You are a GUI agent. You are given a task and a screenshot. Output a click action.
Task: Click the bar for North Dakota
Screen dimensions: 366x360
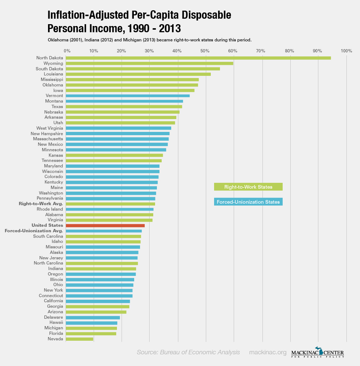pos(198,58)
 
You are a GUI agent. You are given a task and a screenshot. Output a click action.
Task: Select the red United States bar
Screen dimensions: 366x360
pos(105,225)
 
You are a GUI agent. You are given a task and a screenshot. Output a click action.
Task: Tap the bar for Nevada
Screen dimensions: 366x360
pos(79,339)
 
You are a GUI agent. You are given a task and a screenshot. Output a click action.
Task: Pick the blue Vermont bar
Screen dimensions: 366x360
pos(128,96)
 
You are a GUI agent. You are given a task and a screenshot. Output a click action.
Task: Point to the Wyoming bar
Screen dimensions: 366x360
pos(149,63)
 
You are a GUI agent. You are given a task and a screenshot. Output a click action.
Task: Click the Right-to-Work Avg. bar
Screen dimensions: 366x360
pos(110,204)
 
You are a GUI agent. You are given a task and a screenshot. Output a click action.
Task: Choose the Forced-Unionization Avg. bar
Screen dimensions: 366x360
pos(104,231)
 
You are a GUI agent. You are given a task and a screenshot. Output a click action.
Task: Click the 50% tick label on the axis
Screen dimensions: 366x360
pos(205,51)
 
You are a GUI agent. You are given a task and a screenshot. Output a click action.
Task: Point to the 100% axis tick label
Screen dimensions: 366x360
pos(346,51)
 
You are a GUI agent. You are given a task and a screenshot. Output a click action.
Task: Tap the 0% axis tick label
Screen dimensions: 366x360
pos(67,51)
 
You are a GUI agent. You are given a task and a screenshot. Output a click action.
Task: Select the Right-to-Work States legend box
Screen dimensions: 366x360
pos(248,187)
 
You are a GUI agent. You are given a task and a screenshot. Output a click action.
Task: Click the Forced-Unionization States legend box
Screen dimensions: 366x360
pos(248,202)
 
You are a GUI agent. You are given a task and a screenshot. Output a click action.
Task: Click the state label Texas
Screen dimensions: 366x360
pos(57,107)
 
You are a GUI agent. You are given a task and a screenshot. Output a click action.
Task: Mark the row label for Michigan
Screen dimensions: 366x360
pos(54,328)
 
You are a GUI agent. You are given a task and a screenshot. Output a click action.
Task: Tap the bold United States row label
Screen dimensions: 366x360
pos(47,225)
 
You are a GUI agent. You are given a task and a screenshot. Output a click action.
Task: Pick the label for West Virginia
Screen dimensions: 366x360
pos(49,128)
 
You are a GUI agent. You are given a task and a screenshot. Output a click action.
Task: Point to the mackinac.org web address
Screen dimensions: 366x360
pos(268,352)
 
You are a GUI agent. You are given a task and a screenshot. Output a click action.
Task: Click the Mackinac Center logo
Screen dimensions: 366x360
pos(317,352)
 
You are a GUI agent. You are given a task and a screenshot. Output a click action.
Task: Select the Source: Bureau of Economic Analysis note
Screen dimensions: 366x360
pos(188,352)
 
